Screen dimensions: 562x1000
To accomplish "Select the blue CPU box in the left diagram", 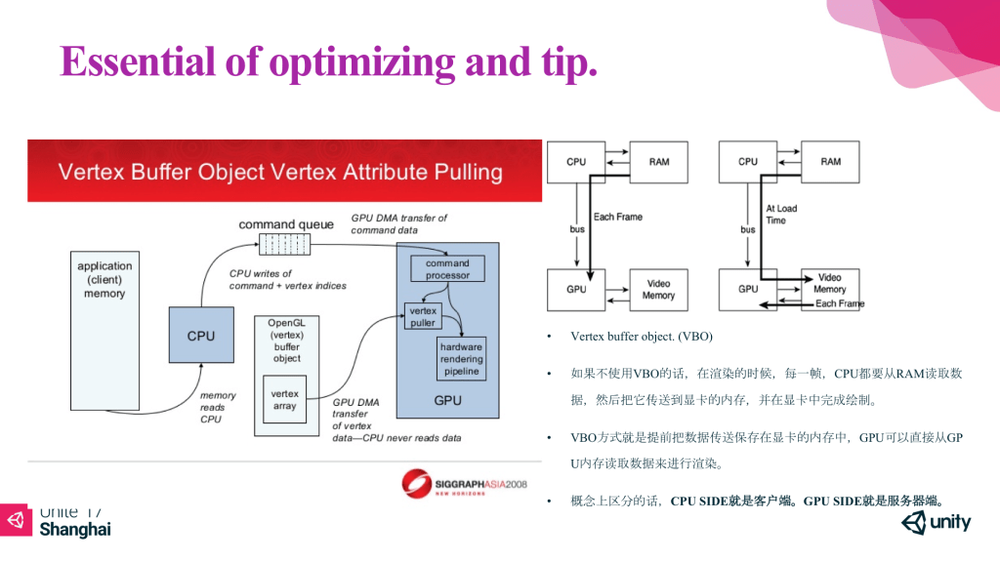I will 201,336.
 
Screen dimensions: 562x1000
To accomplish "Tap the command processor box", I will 447,269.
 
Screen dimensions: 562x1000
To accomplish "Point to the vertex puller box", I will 423,316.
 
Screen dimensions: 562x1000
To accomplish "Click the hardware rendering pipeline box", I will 461,359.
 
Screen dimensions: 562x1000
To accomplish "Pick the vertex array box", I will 284,400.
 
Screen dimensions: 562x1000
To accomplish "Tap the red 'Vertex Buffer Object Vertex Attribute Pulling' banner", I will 283,172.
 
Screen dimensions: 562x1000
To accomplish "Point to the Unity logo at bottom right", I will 937,524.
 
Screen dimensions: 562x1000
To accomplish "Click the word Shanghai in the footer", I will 74,530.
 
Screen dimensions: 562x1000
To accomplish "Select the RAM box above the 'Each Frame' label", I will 660,161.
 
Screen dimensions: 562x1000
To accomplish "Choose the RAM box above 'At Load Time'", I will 830,161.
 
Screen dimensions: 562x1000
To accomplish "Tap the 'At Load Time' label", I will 782,215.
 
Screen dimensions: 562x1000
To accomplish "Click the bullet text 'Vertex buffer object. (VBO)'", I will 642,337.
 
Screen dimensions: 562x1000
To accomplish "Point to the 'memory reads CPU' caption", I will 218,407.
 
